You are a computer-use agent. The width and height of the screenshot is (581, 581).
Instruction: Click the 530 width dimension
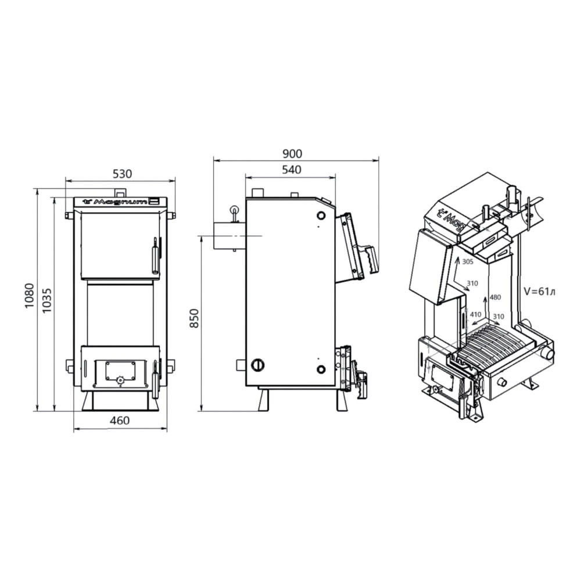(122, 173)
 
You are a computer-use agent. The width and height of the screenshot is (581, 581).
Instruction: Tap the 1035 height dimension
(48, 300)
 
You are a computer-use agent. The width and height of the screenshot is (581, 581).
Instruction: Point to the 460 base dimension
(120, 421)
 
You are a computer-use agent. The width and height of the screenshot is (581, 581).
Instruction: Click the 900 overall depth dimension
(292, 153)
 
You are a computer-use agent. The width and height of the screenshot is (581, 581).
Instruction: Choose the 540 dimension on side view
(292, 170)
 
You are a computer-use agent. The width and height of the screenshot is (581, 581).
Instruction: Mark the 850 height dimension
(195, 318)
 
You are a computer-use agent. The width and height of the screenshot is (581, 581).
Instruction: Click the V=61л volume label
(540, 292)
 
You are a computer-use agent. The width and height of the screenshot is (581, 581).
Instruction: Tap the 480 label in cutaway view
(496, 297)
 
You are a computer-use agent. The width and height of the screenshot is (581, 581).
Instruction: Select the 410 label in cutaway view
(476, 314)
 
